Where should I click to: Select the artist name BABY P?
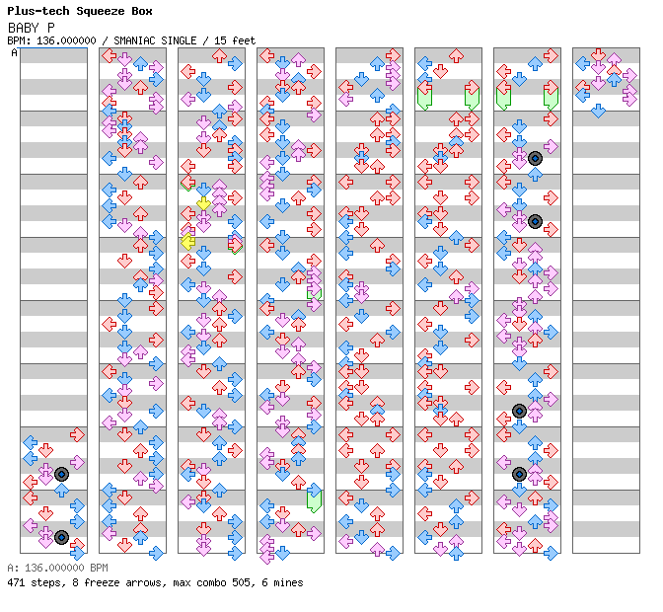(31, 28)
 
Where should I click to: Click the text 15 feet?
(233, 40)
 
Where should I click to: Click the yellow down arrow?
(203, 204)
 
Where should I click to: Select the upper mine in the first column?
(61, 474)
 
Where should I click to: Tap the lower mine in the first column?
(61, 537)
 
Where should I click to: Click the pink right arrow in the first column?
(77, 462)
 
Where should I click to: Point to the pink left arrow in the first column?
(30, 525)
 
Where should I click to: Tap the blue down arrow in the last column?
(598, 111)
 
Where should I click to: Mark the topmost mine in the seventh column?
(535, 158)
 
